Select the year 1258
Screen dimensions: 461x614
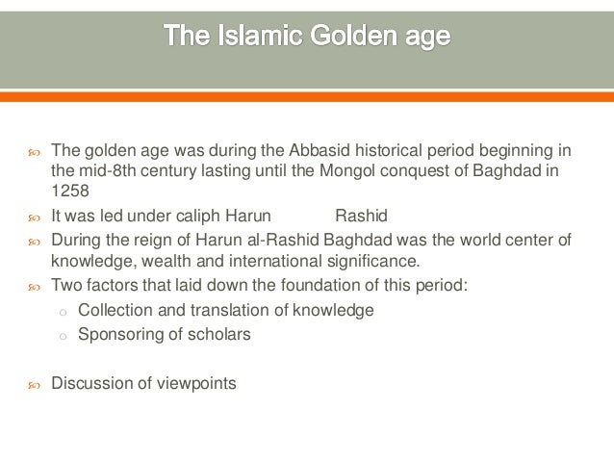[68, 191]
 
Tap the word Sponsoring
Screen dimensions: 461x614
[120, 334]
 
